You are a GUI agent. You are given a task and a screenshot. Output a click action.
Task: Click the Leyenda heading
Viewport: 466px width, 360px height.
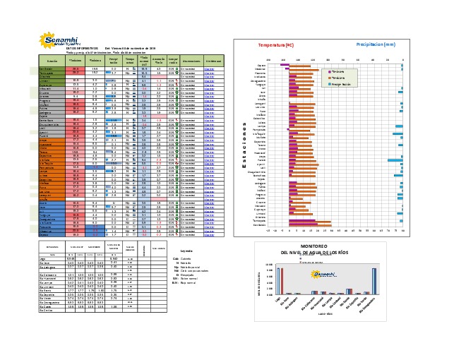click(x=186, y=251)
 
